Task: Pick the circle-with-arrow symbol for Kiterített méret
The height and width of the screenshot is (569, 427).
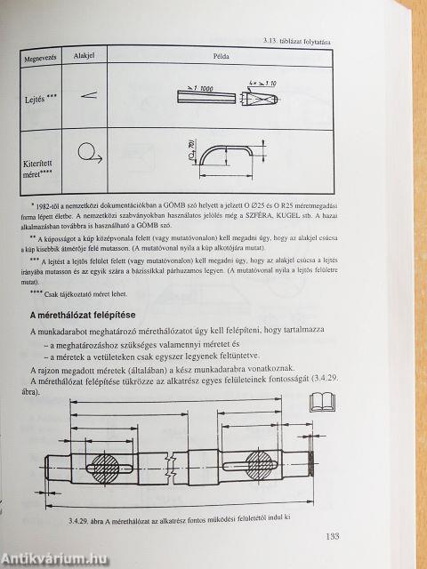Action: (x=88, y=155)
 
